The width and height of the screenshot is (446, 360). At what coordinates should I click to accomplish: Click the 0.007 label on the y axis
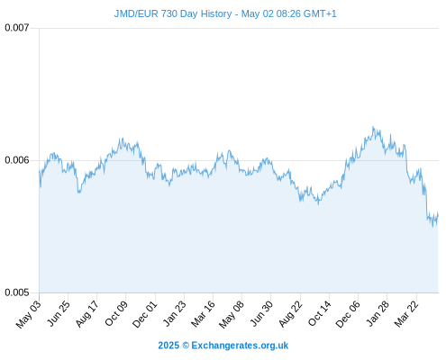[17, 28]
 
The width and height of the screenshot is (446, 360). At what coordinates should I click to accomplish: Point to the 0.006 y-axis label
[17, 160]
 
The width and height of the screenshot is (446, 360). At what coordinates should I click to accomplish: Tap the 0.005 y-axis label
[17, 292]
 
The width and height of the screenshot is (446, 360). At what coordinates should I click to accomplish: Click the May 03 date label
[29, 314]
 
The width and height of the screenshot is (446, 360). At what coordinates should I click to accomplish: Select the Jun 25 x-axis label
[59, 313]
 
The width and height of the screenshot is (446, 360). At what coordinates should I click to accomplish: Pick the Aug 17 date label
[86, 314]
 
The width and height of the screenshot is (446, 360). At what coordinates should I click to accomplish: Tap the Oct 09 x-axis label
[116, 313]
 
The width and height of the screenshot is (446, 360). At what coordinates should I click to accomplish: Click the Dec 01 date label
[144, 314]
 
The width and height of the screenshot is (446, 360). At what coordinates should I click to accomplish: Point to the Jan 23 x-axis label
[174, 313]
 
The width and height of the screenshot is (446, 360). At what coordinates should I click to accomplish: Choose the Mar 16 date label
[203, 314]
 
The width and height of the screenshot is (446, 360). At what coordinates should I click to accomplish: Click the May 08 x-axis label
[232, 314]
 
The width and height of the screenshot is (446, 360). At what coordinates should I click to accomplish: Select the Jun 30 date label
[261, 313]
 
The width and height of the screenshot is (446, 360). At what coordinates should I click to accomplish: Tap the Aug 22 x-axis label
[290, 314]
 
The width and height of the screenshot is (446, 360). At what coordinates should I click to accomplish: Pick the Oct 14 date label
[319, 313]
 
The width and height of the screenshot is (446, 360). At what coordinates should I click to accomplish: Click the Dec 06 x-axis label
[347, 314]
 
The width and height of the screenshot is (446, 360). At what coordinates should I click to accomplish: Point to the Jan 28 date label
[378, 313]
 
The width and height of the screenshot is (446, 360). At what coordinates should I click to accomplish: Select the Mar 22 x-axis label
[406, 314]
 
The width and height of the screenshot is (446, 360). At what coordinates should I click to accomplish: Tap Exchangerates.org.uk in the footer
[240, 346]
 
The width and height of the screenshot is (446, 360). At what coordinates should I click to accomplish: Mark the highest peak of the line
[373, 127]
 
